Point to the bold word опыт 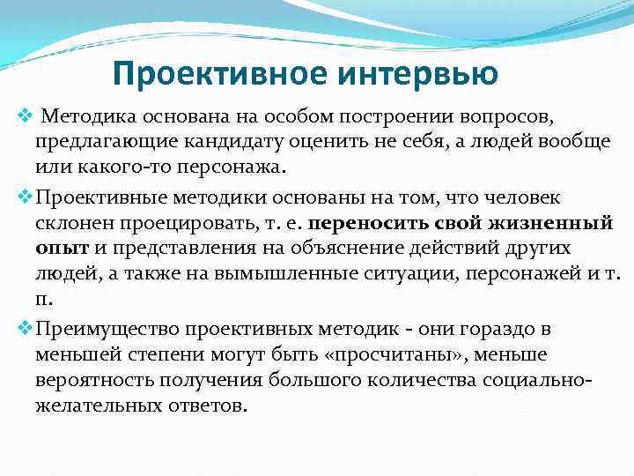(57, 249)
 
